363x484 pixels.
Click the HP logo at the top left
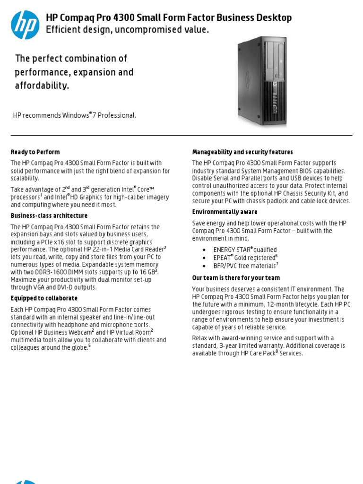click(x=25, y=25)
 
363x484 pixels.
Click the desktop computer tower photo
click(x=261, y=81)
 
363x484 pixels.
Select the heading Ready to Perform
click(x=35, y=152)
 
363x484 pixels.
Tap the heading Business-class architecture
click(x=49, y=216)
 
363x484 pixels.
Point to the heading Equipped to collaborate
click(x=44, y=299)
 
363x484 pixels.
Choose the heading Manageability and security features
click(x=242, y=152)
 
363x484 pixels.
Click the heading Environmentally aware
click(x=225, y=212)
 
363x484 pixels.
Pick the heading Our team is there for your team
click(x=236, y=278)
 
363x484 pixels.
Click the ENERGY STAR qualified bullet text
click(x=245, y=250)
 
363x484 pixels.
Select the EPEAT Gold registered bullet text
click(x=244, y=258)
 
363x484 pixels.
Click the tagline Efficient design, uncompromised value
click(x=127, y=30)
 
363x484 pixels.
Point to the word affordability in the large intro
click(x=42, y=86)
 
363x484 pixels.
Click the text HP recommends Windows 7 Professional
click(x=75, y=116)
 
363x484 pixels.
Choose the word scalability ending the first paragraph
click(x=25, y=179)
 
